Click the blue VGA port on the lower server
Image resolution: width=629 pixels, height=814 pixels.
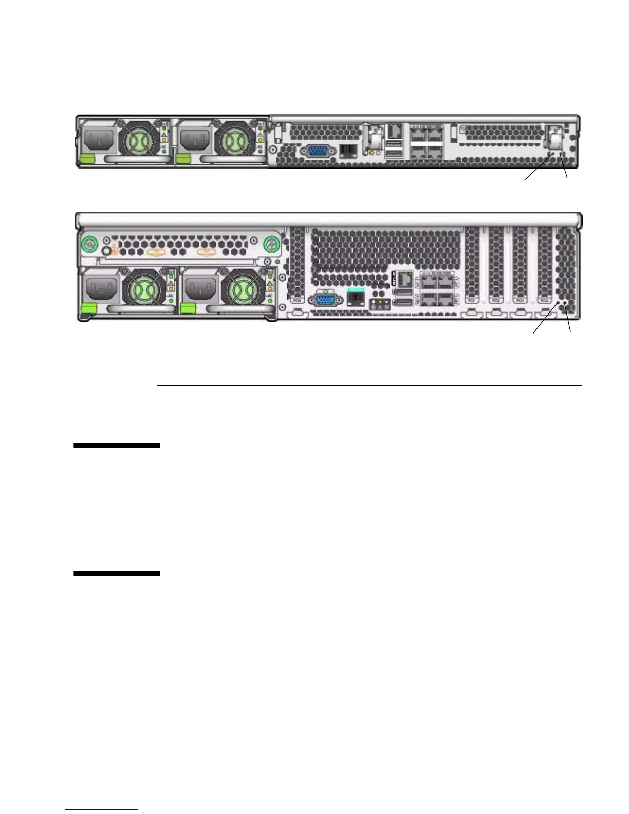pyautogui.click(x=323, y=301)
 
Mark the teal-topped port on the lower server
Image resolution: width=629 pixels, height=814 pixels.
pyautogui.click(x=356, y=297)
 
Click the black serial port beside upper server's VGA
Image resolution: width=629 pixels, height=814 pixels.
pyautogui.click(x=348, y=151)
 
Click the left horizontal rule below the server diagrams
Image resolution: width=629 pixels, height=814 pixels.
pyautogui.click(x=117, y=446)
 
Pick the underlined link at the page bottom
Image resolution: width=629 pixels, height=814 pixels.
pyautogui.click(x=102, y=810)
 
